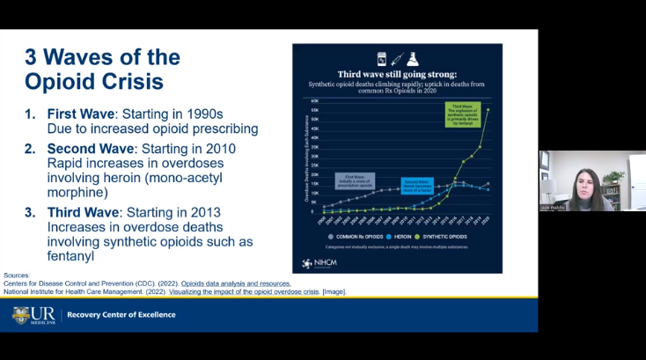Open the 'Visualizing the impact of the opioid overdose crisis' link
click(263, 291)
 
